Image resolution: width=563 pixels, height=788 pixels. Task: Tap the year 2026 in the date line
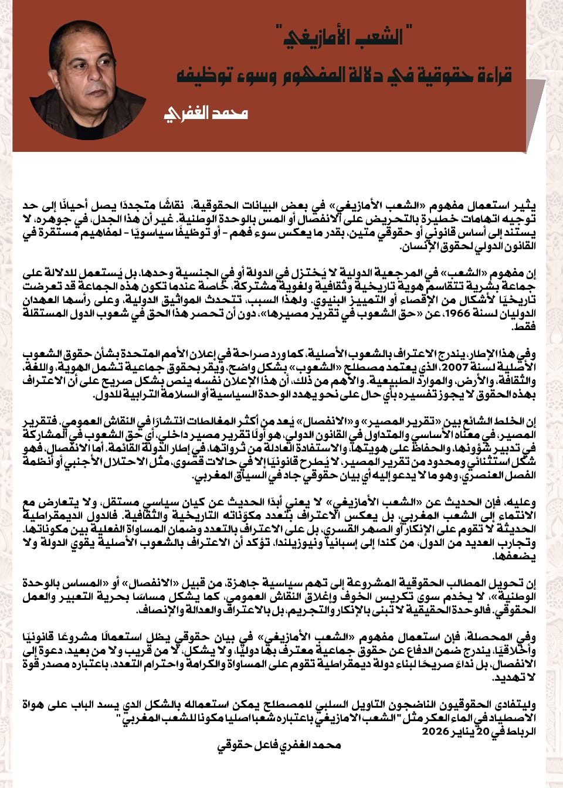pyautogui.click(x=435, y=731)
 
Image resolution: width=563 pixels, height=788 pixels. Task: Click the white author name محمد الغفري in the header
pyautogui.click(x=206, y=113)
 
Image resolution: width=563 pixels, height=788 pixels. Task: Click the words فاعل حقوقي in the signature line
pyautogui.click(x=246, y=745)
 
